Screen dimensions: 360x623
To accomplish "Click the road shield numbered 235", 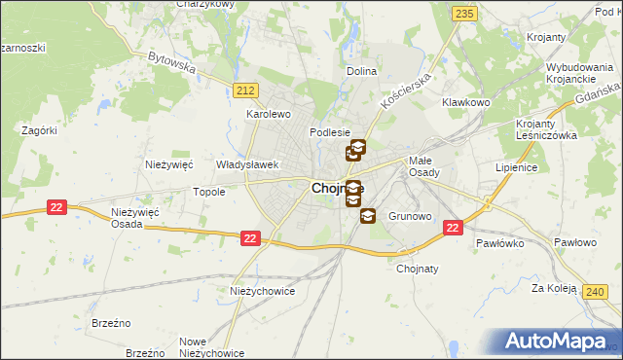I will (464, 13).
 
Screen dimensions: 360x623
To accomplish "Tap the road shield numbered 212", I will (246, 90).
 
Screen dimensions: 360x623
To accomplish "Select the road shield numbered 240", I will (597, 290).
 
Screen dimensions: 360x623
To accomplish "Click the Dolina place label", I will (361, 71).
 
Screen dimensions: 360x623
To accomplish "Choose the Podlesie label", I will (328, 132).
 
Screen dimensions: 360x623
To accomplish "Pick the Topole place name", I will (209, 192).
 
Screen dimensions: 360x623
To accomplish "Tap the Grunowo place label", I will (410, 215).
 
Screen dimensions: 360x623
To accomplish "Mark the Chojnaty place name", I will (420, 270).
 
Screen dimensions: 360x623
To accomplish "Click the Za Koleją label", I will (550, 288).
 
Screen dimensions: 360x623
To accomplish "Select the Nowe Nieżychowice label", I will (212, 347).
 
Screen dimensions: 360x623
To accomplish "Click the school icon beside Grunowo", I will (368, 216).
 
